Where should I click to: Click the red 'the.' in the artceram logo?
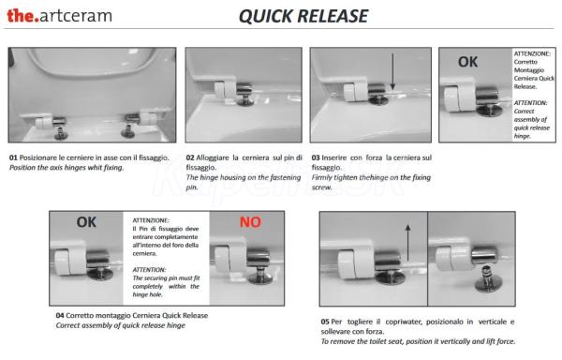point(22,16)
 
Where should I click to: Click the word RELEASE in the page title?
point(333,17)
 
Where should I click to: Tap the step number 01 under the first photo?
point(13,157)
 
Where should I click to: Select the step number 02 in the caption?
point(190,157)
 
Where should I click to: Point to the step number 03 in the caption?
point(316,157)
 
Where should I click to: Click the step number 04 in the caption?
point(60,316)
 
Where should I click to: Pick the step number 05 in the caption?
point(325,322)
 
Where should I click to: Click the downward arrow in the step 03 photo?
point(392,71)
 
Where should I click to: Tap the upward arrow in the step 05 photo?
point(407,243)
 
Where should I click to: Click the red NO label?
point(250,222)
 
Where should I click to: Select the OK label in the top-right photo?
point(467,62)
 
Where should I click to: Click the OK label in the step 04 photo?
point(86,222)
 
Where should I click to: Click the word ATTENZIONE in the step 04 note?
point(151,220)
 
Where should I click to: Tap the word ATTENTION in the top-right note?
point(530,103)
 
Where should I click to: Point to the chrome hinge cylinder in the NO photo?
point(259,259)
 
